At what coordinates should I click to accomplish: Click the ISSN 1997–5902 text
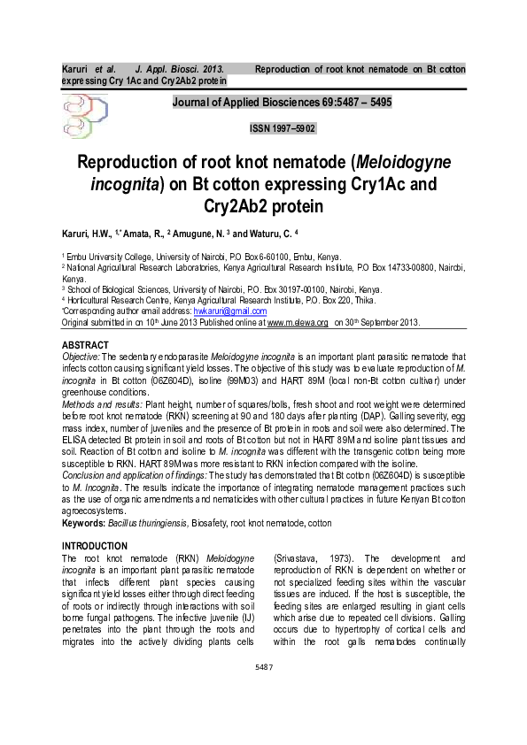283,128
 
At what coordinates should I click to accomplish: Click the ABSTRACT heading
85,343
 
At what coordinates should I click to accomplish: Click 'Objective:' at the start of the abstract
81,356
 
